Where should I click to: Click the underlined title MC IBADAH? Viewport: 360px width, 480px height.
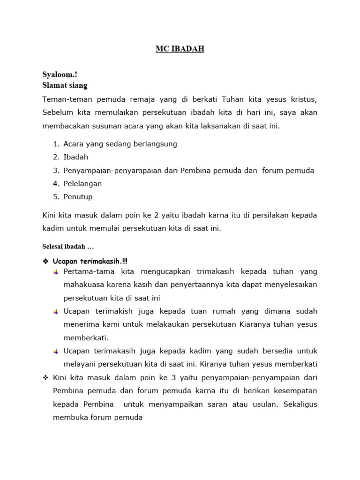(180, 49)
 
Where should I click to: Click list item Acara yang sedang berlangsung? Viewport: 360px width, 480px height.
(120, 144)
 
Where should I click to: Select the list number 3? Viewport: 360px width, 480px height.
(55, 170)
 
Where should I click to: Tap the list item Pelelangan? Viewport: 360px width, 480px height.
(82, 183)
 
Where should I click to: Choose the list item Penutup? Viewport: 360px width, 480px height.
(78, 196)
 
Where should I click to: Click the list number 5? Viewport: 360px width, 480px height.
(55, 196)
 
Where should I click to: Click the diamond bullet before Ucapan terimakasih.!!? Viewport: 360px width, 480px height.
(45, 260)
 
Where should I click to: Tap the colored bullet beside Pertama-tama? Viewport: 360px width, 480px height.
(56, 272)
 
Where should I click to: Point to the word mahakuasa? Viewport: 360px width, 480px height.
(82, 285)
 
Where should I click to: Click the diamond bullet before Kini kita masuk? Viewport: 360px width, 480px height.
(45, 377)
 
